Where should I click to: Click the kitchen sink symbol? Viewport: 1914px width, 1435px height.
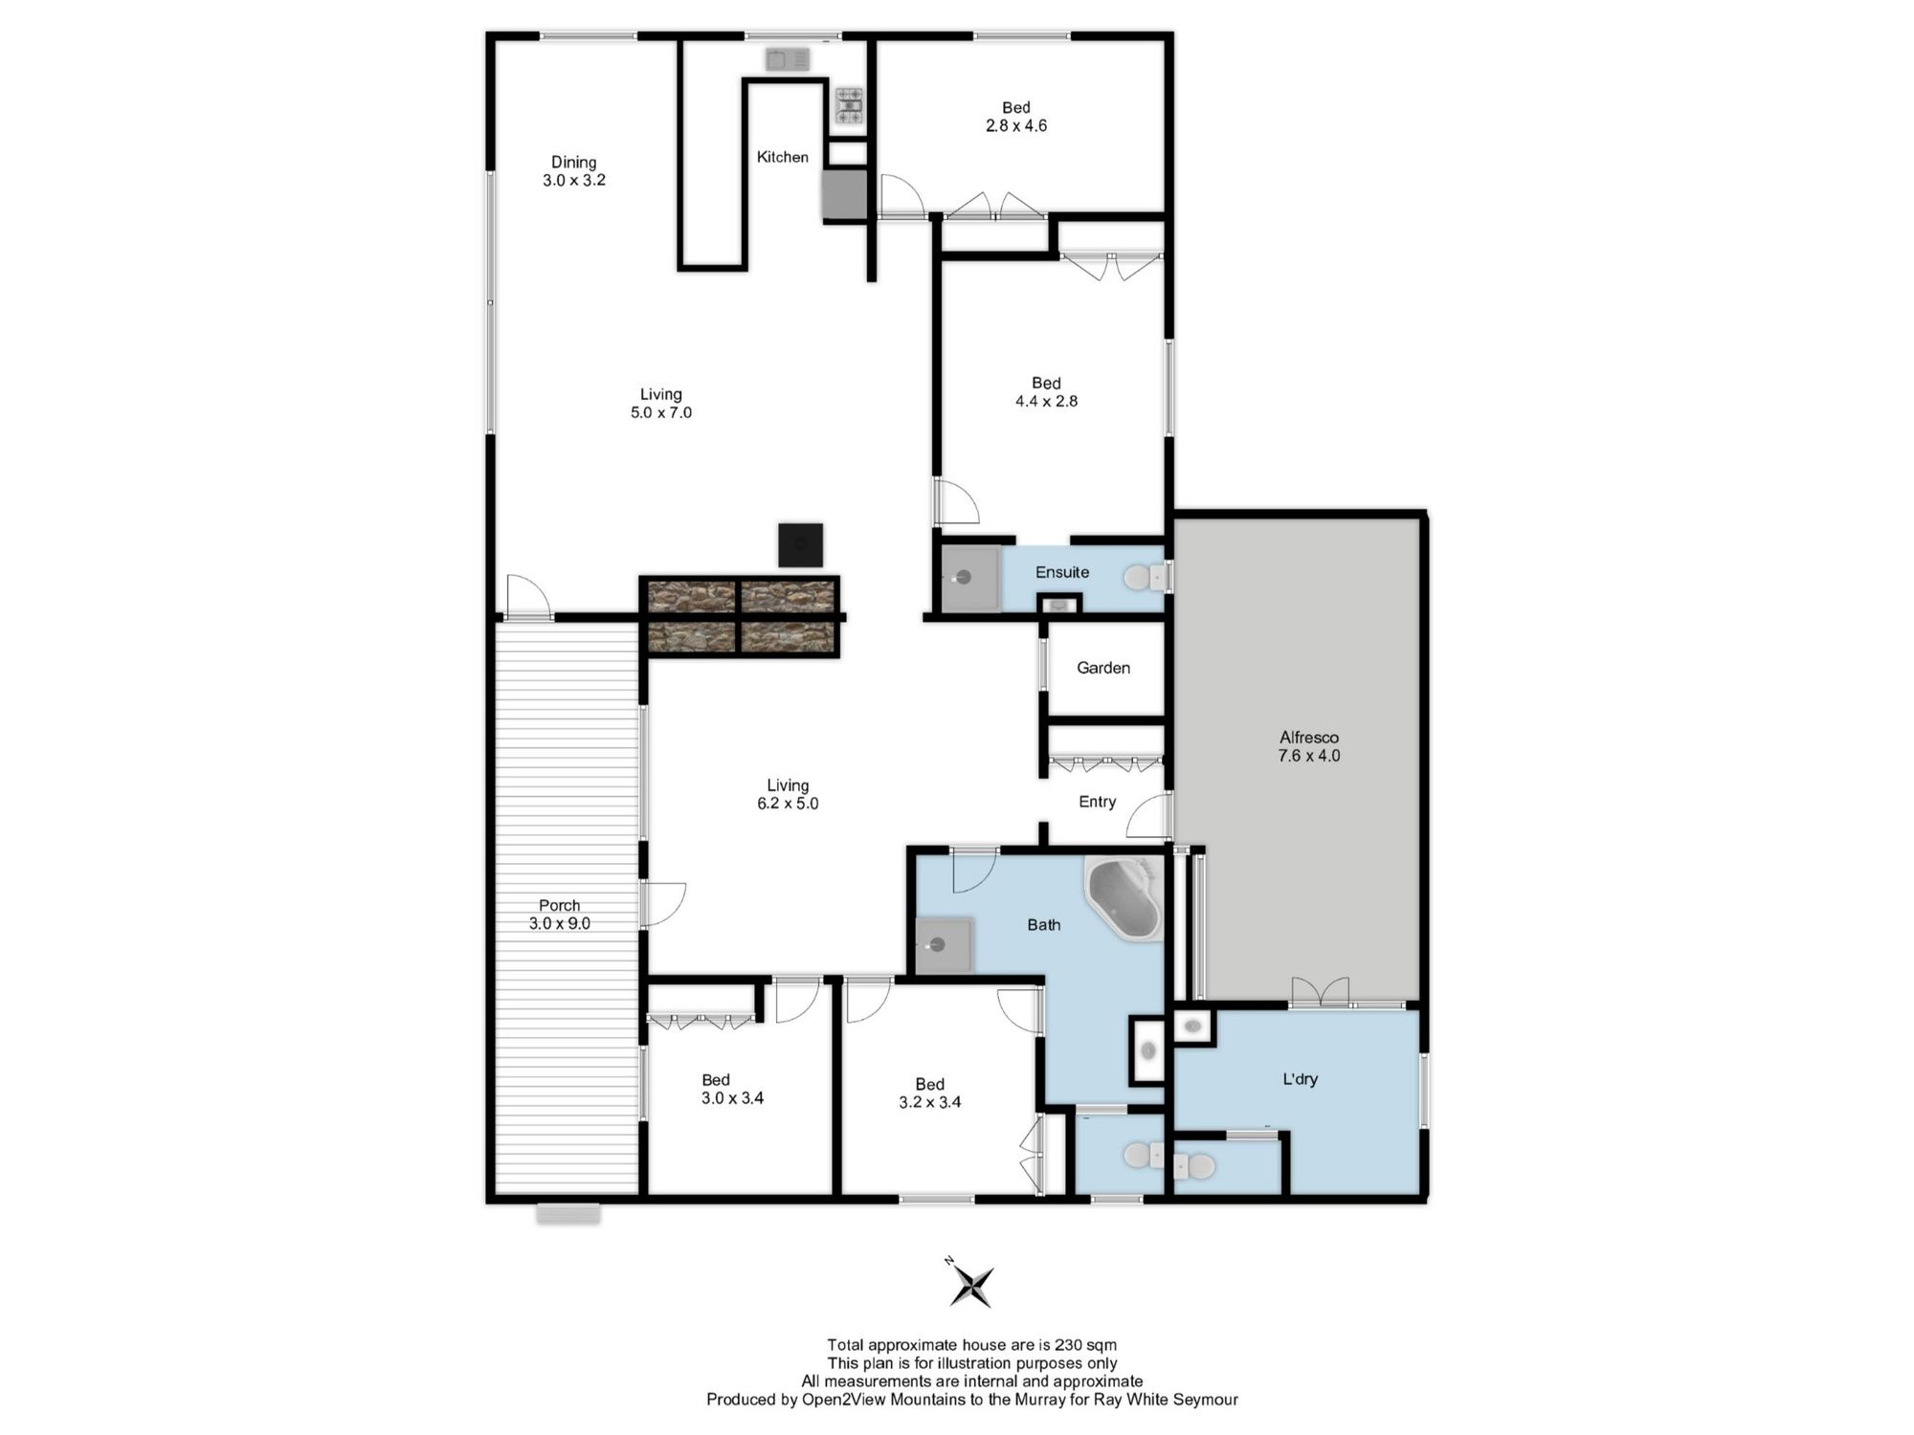tap(788, 59)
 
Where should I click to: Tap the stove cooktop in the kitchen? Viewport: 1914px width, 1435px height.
tap(849, 106)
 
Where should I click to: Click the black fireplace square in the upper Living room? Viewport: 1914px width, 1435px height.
tap(800, 544)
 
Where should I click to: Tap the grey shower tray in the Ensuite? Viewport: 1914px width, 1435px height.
tap(969, 578)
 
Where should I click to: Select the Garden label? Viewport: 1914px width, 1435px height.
tap(1103, 668)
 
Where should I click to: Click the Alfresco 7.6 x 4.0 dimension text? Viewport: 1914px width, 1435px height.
tap(1309, 756)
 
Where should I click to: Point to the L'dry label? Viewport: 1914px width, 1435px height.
tap(1301, 1079)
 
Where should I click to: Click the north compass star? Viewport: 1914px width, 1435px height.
tap(971, 1284)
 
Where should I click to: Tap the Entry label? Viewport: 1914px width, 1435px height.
tap(1098, 802)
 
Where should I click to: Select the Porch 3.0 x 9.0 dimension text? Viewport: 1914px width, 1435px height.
tap(560, 923)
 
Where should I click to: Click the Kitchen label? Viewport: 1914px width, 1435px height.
tap(783, 157)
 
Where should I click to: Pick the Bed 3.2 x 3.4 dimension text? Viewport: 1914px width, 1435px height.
tap(930, 1102)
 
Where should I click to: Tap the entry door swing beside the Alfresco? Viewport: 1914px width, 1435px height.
tap(1148, 816)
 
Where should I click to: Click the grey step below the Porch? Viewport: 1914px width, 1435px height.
tap(568, 1213)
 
